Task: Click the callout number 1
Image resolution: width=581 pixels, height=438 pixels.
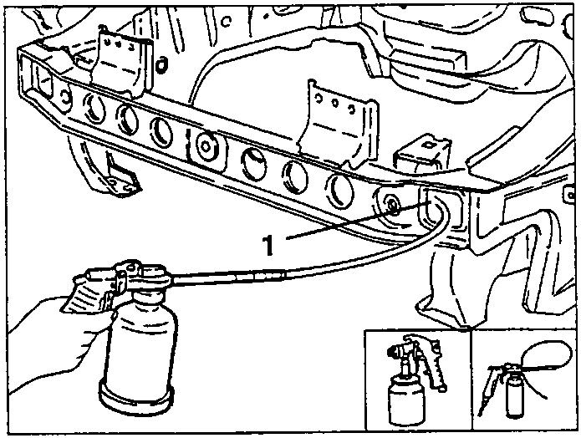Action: (268, 245)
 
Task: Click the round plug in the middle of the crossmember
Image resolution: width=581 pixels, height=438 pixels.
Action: (206, 147)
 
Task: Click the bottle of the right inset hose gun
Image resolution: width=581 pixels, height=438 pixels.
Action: (514, 395)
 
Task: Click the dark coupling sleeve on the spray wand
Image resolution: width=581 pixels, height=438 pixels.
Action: (259, 277)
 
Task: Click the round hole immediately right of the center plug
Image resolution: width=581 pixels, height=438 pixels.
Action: (254, 163)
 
